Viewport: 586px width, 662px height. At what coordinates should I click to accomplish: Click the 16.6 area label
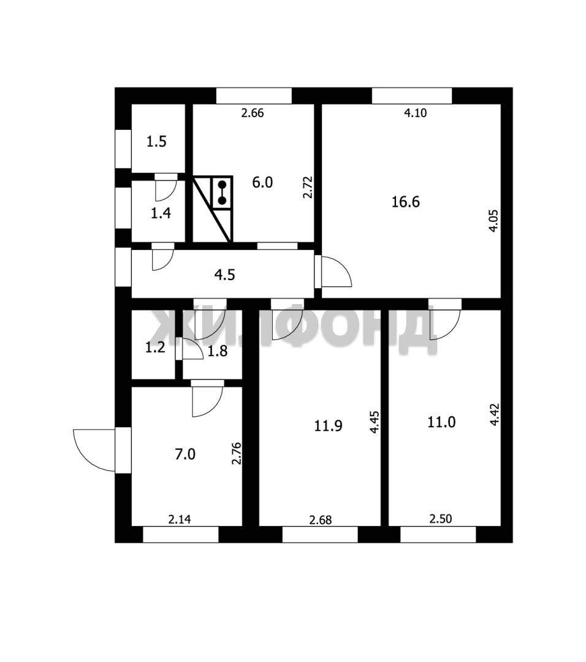[405, 202]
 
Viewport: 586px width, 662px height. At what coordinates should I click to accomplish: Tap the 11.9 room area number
[327, 425]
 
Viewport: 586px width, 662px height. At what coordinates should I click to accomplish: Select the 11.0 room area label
[441, 422]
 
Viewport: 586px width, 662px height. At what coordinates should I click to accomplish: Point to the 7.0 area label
[185, 454]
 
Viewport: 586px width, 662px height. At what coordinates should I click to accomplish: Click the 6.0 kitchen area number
[262, 183]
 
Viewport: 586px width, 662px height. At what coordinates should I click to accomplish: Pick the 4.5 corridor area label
[224, 275]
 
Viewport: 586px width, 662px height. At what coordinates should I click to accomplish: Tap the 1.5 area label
[156, 142]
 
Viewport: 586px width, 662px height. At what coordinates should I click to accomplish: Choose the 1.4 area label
[161, 213]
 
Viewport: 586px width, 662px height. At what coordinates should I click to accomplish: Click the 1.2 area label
[155, 348]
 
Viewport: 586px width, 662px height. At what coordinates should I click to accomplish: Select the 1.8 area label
[218, 351]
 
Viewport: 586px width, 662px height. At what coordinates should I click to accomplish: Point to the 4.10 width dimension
[416, 113]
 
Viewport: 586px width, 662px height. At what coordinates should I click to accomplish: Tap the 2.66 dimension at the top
[253, 113]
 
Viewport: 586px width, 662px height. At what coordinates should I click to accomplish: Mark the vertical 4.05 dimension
[493, 221]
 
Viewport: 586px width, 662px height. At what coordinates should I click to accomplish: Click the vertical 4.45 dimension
[375, 422]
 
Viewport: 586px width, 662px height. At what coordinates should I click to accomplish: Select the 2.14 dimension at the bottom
[180, 519]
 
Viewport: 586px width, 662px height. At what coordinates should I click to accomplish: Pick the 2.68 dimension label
[321, 520]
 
